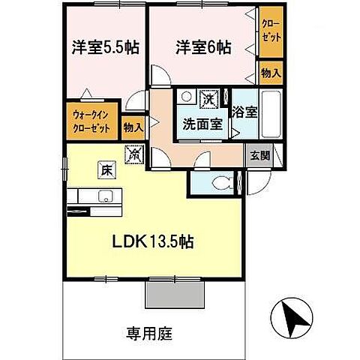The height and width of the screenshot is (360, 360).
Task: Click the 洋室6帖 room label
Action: (203, 46)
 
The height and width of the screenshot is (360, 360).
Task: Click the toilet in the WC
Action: (222, 184)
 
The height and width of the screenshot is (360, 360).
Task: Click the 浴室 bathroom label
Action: (244, 113)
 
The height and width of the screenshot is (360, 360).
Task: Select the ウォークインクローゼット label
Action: (91, 121)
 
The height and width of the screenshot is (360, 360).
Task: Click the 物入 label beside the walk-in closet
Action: (133, 128)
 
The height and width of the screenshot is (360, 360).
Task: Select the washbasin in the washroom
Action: (185, 97)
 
